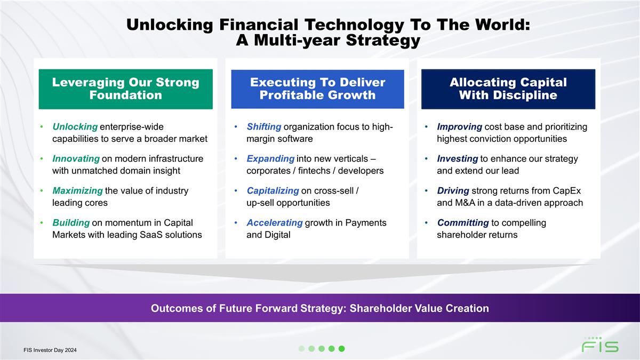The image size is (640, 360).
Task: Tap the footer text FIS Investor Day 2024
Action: click(x=50, y=350)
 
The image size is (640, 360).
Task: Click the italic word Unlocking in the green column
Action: click(x=75, y=126)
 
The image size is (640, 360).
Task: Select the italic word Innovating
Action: click(x=76, y=158)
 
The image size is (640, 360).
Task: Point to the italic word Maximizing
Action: click(x=77, y=190)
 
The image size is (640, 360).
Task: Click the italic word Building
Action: click(x=71, y=222)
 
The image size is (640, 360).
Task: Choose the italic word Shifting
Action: click(x=264, y=126)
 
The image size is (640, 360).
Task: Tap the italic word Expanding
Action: click(x=270, y=158)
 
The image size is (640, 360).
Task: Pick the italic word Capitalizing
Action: click(x=273, y=190)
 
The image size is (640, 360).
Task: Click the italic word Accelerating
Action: click(x=275, y=222)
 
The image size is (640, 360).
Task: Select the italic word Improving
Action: click(x=459, y=126)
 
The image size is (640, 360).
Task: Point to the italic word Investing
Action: click(x=458, y=158)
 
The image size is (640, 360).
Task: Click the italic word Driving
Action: click(x=453, y=190)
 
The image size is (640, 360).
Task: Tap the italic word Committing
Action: click(x=463, y=222)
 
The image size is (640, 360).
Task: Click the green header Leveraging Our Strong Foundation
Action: click(x=126, y=89)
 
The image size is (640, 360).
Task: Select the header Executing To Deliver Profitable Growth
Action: click(x=318, y=89)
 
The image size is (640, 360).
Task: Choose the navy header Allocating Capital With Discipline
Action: click(x=508, y=89)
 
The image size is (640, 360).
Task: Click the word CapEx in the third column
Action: click(x=567, y=190)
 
